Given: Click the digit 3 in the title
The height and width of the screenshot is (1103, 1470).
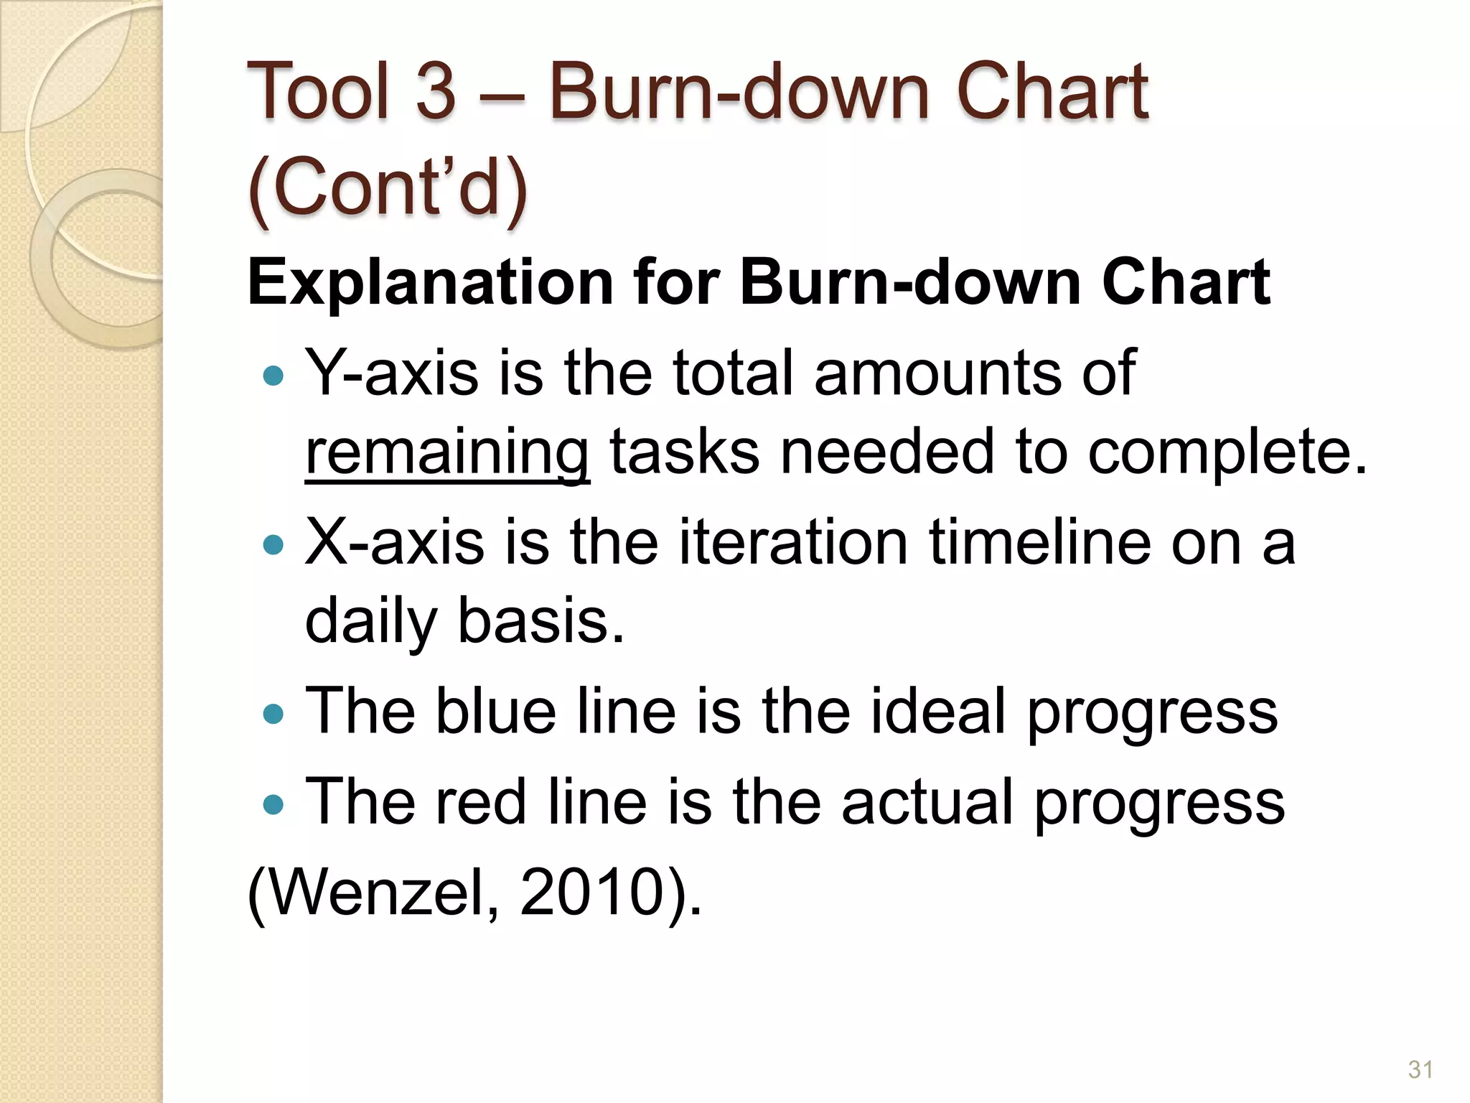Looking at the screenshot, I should point(436,91).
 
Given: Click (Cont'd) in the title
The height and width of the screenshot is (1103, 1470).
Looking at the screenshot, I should point(388,187).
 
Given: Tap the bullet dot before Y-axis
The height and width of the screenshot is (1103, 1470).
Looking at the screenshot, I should point(273,376).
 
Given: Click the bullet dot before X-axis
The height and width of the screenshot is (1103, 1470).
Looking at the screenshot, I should point(273,545).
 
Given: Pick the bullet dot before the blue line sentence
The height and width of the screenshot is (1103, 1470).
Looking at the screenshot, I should point(273,714).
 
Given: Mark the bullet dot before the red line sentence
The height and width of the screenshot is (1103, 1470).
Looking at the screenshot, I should point(273,804).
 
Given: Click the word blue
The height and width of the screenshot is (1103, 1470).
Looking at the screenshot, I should point(495,711).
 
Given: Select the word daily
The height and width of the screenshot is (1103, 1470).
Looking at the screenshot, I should point(370,622).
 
